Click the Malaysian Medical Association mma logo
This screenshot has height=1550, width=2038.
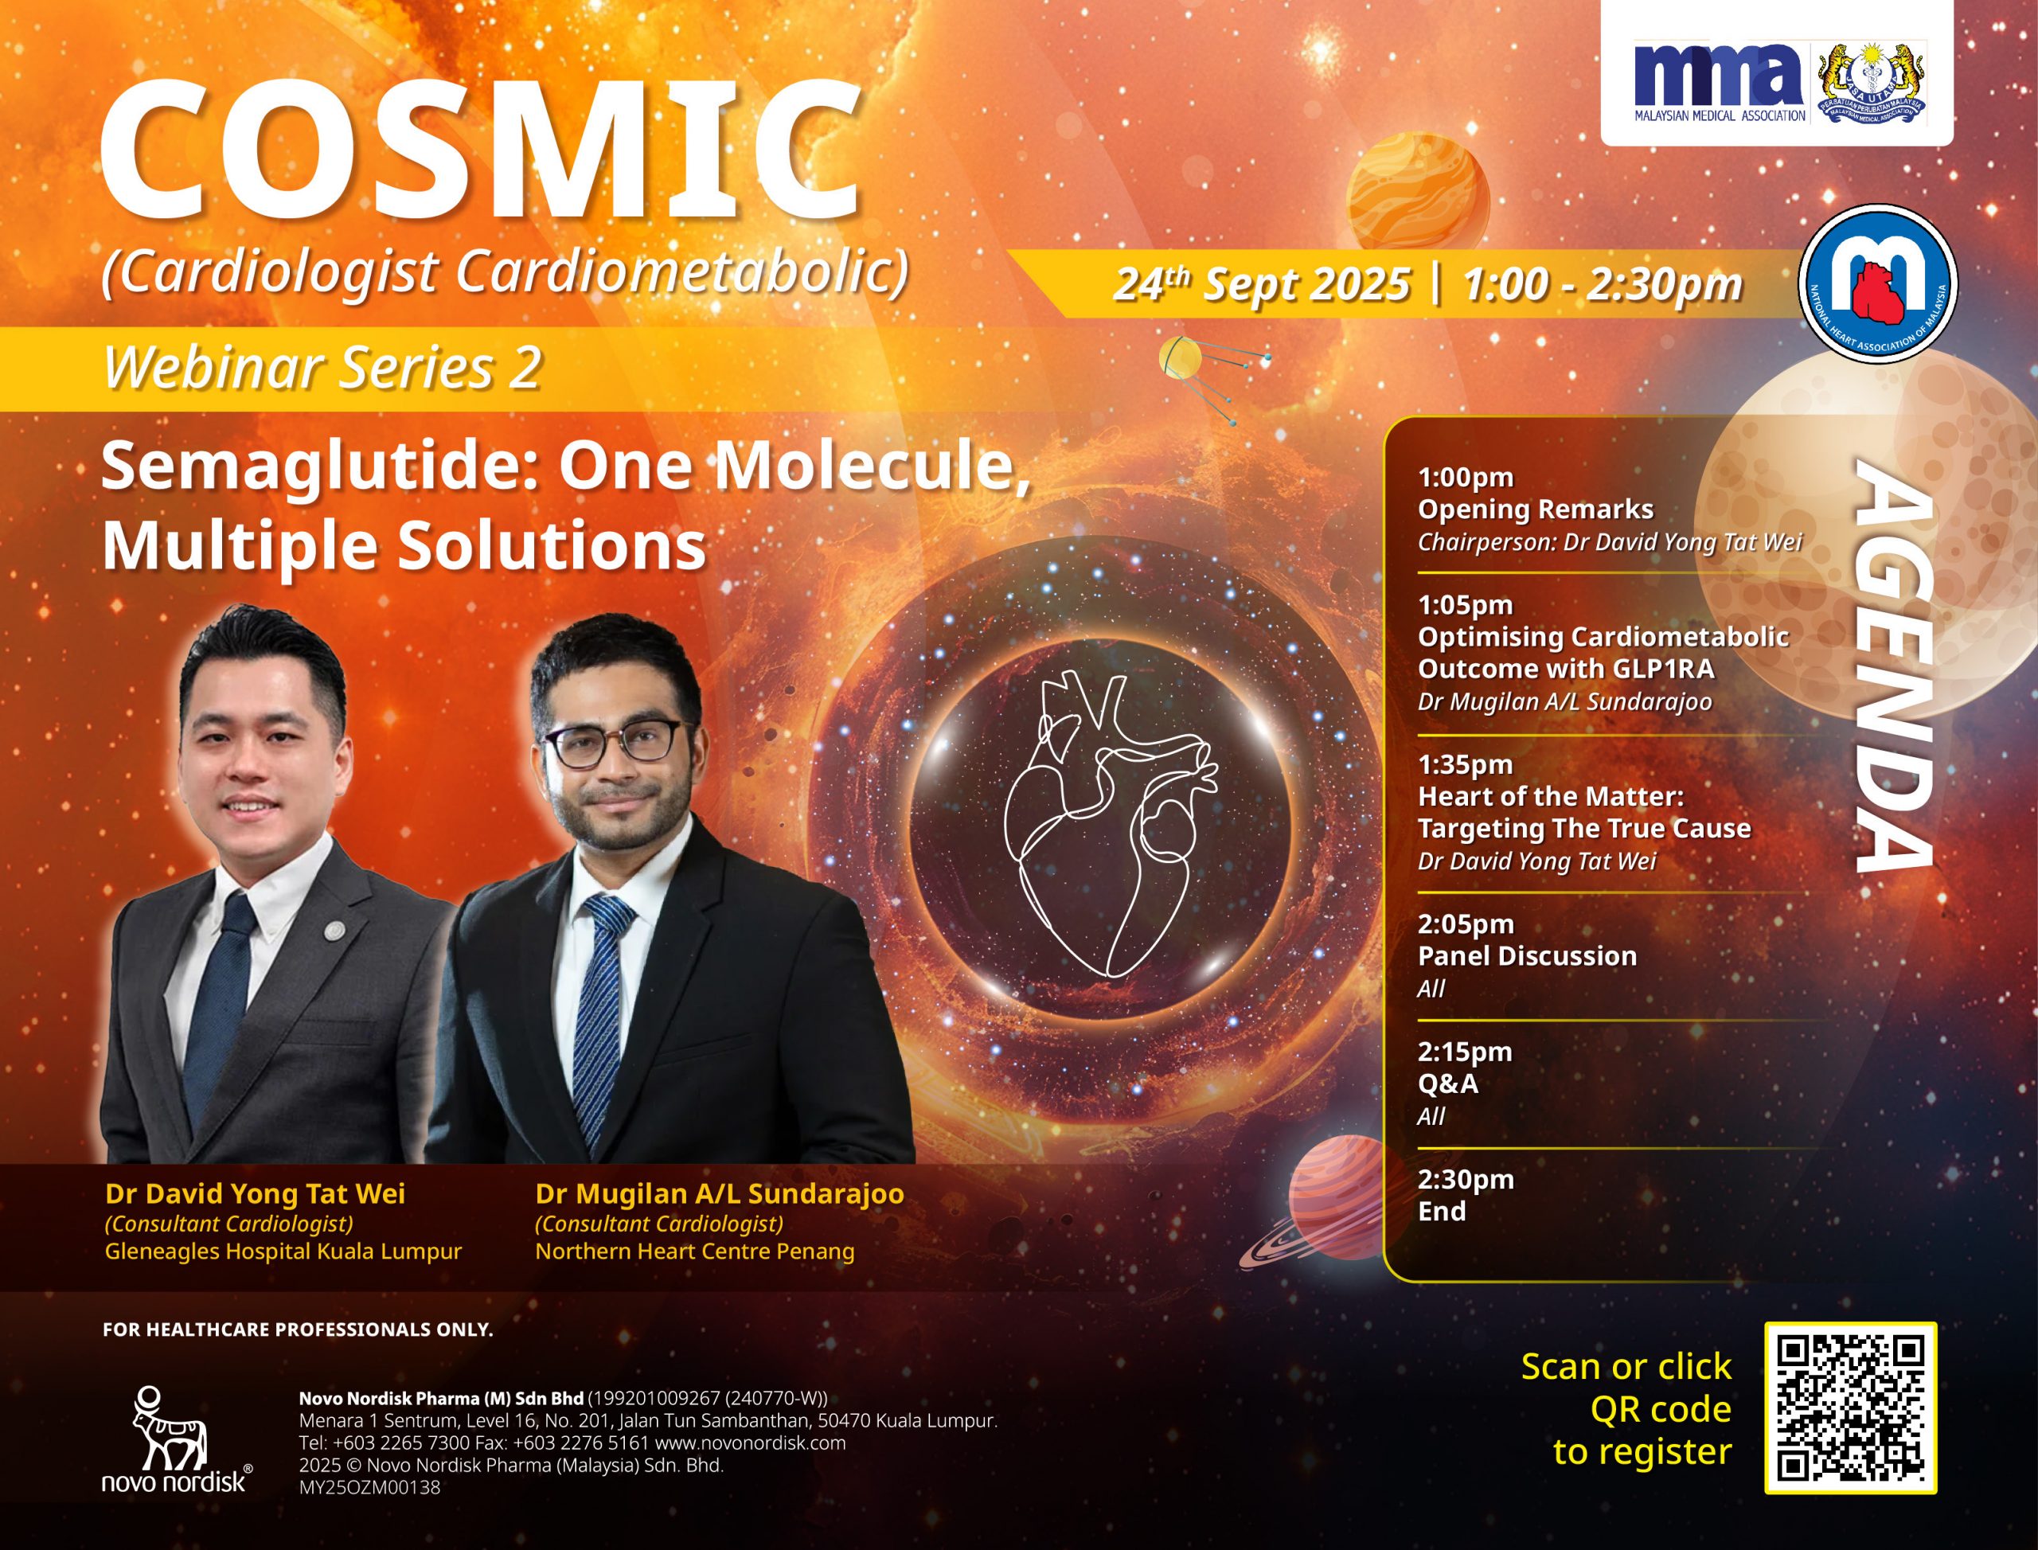click(x=1720, y=81)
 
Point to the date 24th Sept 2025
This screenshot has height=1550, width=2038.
click(x=1261, y=283)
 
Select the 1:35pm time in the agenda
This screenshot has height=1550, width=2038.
click(x=1465, y=764)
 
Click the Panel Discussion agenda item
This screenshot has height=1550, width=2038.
click(x=1527, y=956)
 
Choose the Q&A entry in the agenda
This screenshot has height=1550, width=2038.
click(x=1447, y=1083)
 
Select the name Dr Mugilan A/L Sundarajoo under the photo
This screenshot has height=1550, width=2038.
click(x=720, y=1194)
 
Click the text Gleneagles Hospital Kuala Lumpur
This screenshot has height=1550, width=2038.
click(x=283, y=1252)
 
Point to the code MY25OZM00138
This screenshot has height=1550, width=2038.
click(x=369, y=1487)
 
